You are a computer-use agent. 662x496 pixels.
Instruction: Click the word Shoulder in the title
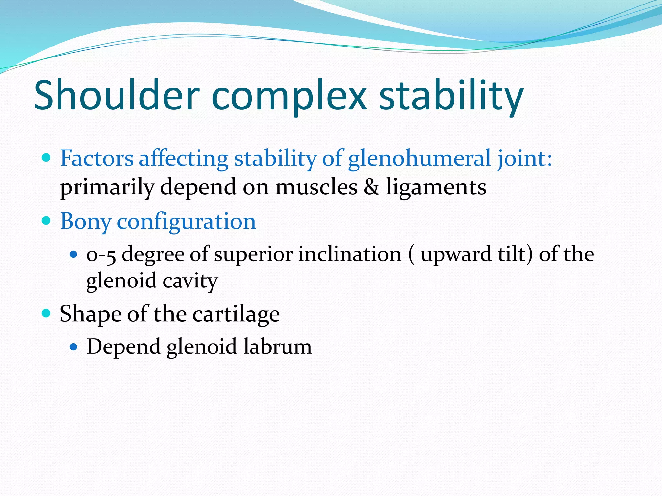(116, 96)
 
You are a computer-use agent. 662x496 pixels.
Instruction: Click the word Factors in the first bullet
(97, 158)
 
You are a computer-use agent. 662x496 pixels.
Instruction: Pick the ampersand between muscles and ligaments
(371, 187)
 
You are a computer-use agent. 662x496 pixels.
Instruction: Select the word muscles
(316, 187)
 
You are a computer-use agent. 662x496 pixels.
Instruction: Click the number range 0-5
(101, 254)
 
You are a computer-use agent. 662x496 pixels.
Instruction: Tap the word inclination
(350, 254)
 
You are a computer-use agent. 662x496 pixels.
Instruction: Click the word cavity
(190, 281)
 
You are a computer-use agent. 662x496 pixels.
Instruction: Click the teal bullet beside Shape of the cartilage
(47, 313)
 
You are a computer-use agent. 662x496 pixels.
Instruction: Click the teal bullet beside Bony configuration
(47, 221)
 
